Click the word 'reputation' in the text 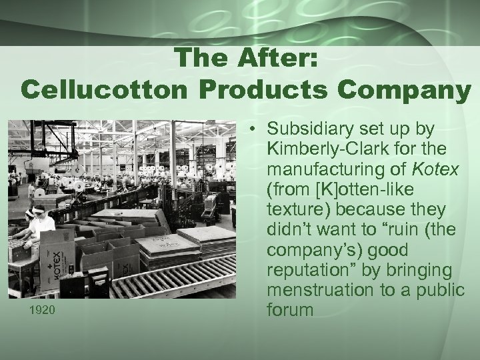pyautogui.click(x=309, y=272)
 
